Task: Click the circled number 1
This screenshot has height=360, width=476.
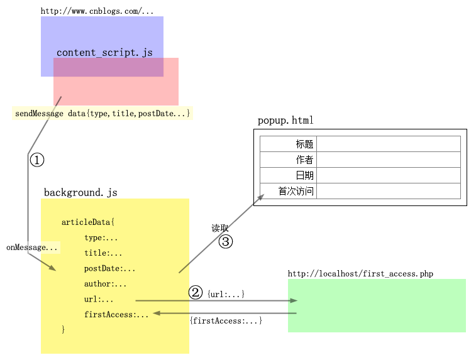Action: coord(37,160)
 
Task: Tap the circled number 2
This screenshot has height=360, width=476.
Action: coord(196,293)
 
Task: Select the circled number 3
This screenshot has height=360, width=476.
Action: coord(226,241)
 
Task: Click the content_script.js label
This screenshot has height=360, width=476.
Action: coord(104,53)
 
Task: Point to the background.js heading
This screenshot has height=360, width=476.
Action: coord(80,192)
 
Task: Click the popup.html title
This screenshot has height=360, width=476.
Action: coord(285,121)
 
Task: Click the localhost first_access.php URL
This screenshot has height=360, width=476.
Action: coord(360,274)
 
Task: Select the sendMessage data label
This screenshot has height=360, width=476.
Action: coord(102,113)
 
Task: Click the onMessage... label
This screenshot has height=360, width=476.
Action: coord(32,248)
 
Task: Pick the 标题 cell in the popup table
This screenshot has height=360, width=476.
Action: coord(304,145)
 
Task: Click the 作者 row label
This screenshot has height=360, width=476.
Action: coord(304,160)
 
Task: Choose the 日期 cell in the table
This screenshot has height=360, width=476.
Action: coord(304,176)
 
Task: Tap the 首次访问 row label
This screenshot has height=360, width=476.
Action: coord(296,192)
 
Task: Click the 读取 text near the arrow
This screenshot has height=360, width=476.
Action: coord(220,228)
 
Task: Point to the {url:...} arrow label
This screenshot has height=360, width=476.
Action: coord(226,294)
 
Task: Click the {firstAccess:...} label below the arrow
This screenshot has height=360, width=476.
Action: coord(226,321)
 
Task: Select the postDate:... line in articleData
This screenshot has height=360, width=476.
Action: coord(109,269)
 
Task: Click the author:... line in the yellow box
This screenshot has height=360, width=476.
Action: coord(105,284)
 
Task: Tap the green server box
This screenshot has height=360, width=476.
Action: coord(377,306)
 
